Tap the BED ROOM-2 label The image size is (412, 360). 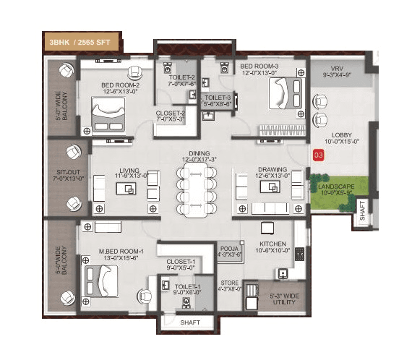coord(120,87)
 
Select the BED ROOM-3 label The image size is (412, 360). coord(259,68)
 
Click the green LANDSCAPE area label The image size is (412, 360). coord(336,189)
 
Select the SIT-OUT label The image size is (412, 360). coord(65,174)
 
